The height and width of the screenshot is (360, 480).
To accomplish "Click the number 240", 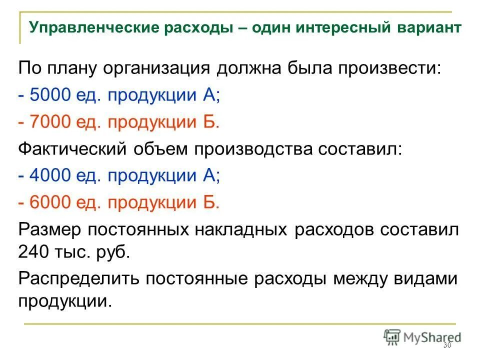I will click(34, 251).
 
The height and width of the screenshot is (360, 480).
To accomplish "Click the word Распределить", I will click(74, 278).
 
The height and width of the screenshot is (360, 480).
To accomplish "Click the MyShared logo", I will click(422, 336).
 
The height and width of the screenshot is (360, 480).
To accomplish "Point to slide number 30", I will click(447, 346).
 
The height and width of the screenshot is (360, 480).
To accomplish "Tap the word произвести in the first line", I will click(389, 68).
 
